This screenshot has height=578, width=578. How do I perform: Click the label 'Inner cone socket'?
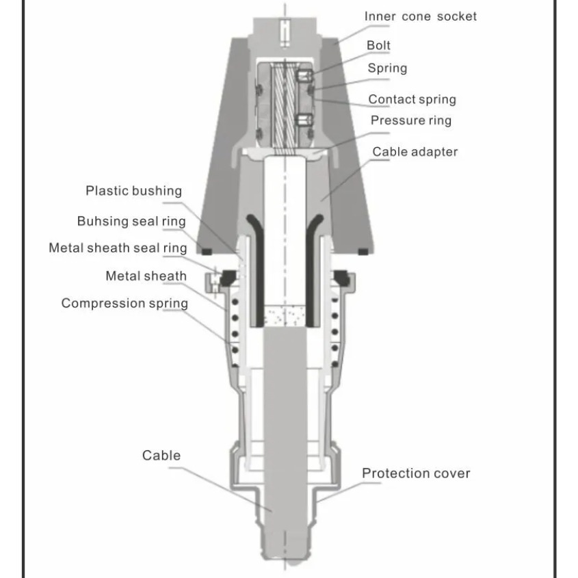pos(420,16)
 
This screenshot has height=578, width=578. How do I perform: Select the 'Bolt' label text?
pos(378,45)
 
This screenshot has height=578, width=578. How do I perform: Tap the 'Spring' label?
pos(387,68)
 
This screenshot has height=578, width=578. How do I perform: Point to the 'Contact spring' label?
pos(412,99)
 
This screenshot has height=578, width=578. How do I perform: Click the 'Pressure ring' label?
pos(411,120)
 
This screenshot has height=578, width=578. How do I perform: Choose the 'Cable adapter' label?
pos(415,151)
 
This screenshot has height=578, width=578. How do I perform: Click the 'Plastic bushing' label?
pos(134,191)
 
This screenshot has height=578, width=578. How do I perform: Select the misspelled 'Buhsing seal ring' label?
pos(131,221)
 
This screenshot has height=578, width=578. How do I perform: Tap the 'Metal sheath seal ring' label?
pos(118,248)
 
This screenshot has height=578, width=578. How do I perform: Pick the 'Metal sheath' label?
pos(146,276)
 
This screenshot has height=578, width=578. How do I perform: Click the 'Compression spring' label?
pos(124,303)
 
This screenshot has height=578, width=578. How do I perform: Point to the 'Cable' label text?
pos(161,456)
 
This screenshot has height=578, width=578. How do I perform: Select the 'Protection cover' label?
pos(416,473)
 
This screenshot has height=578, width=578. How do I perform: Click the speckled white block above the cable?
pos(285,315)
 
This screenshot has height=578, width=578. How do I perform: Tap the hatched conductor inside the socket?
pos(285,106)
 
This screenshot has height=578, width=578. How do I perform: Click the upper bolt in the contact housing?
pos(305,74)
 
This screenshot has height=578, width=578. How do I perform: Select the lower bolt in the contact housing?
pos(305,120)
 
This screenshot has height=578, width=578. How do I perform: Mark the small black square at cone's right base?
pos(363,252)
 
